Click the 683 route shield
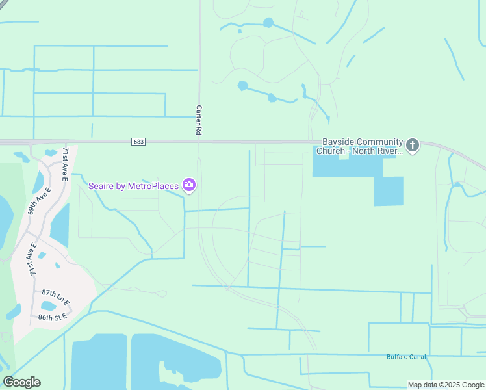[137, 142]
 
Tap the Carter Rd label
[199, 120]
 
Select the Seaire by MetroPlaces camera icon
[189, 187]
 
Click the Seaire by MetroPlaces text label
[133, 187]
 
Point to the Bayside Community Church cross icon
[413, 145]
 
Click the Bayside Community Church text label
[359, 146]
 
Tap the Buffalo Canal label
[406, 357]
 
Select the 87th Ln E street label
[55, 297]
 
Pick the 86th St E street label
[53, 317]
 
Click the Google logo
[21, 382]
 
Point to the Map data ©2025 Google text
[446, 385]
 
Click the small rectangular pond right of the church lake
[389, 190]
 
